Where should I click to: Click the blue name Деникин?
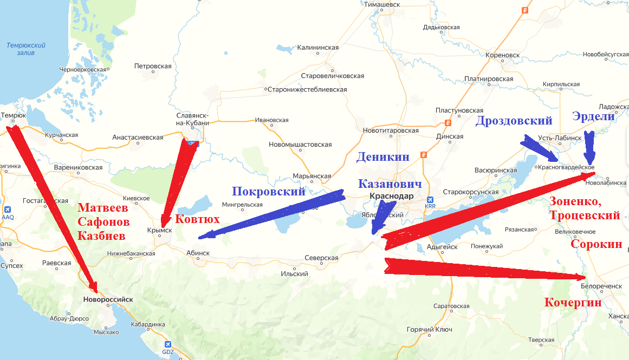[382, 158]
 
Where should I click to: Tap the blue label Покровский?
[269, 191]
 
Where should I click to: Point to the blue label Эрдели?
[594, 116]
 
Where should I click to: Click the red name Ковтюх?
[197, 219]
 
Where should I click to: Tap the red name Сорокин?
[596, 244]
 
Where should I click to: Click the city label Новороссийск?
[108, 299]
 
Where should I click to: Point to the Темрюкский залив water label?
[26, 49]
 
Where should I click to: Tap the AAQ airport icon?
[8, 210]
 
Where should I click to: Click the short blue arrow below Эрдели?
[589, 143]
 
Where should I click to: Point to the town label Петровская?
[153, 67]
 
